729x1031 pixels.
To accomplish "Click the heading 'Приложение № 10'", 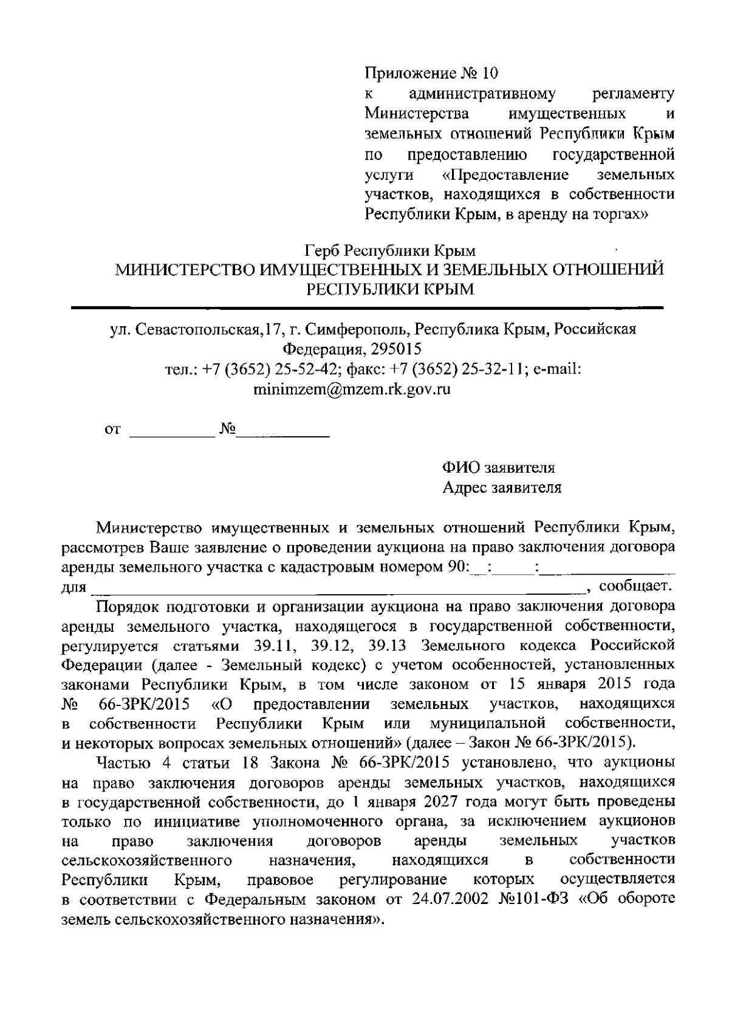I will pyautogui.click(x=431, y=74).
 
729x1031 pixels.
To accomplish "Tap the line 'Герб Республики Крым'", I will pyautogui.click(x=389, y=250).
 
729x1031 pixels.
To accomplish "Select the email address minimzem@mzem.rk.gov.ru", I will pyautogui.click(x=351, y=389).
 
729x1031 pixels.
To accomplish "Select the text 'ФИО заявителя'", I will pyautogui.click(x=498, y=468).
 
